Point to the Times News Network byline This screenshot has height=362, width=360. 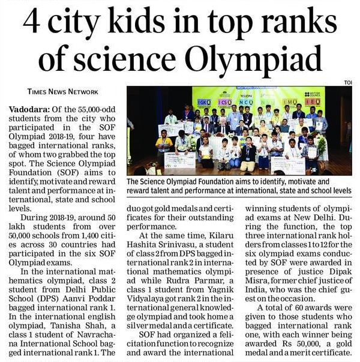[x=63, y=92]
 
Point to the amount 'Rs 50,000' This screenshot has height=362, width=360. [x=287, y=343]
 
